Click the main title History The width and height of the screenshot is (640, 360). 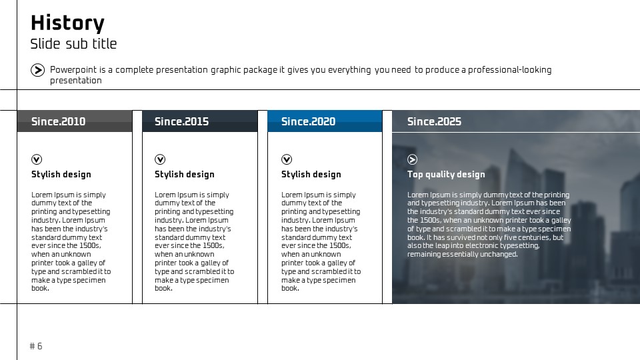click(67, 23)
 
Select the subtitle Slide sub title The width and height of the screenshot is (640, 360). click(73, 44)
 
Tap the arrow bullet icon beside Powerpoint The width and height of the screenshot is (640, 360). click(37, 70)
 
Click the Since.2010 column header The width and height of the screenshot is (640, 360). click(59, 121)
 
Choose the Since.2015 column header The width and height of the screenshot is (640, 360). click(181, 121)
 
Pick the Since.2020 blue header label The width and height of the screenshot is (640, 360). click(308, 121)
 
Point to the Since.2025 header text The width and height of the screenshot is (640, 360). click(434, 121)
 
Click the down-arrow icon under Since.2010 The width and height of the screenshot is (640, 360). click(37, 159)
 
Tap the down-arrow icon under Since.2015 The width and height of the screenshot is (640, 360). click(160, 159)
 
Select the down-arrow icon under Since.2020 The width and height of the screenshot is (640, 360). click(287, 159)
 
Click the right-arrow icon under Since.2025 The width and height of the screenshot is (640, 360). click(412, 159)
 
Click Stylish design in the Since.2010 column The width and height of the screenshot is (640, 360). click(61, 174)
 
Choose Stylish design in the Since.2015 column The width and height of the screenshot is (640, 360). click(185, 174)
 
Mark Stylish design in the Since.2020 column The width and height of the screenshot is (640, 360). click(311, 174)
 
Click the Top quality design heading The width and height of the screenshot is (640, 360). click(446, 174)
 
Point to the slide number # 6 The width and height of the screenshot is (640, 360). click(36, 346)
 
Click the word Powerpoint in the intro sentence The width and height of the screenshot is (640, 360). click(73, 70)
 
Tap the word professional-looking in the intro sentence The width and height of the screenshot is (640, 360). click(510, 70)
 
